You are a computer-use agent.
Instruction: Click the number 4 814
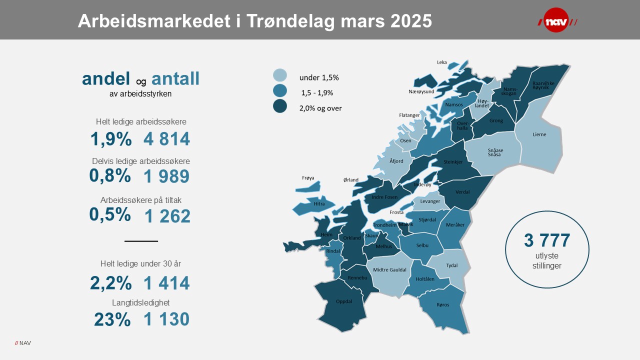tap(166, 139)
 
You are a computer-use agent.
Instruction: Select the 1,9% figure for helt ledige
tap(111, 139)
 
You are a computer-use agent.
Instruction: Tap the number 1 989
tap(166, 176)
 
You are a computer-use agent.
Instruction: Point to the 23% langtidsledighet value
tap(112, 319)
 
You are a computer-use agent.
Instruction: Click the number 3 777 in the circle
tap(547, 240)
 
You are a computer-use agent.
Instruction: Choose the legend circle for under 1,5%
tap(280, 75)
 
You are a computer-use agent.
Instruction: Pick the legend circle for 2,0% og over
tap(280, 106)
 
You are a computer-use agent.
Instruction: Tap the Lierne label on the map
tap(539, 134)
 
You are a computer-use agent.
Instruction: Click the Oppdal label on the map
tap(344, 301)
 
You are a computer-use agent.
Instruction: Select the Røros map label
tap(442, 304)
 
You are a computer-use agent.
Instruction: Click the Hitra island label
tap(319, 204)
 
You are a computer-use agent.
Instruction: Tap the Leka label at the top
tap(441, 62)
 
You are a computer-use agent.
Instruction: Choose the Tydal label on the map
tap(451, 265)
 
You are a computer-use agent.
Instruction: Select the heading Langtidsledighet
tap(141, 302)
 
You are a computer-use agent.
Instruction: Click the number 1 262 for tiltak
tap(167, 216)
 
